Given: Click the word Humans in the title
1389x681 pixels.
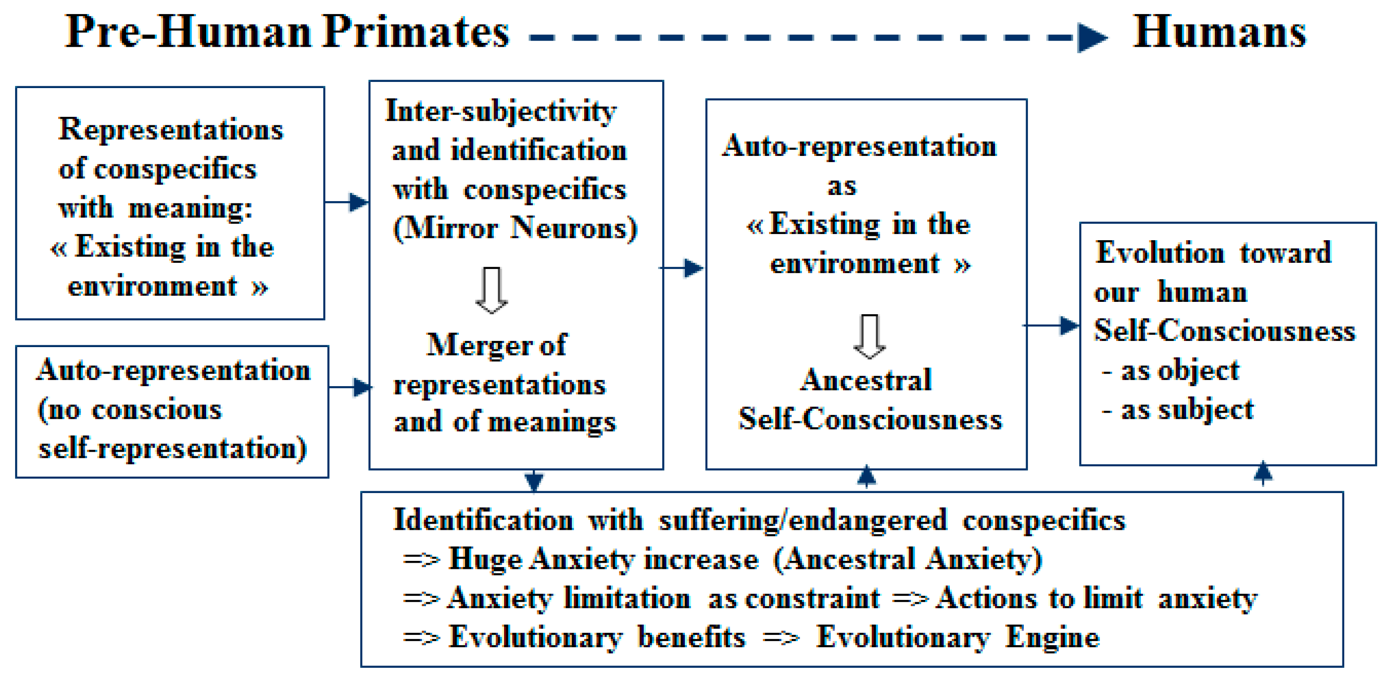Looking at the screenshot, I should point(1219,32).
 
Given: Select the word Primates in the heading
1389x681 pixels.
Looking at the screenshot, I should point(416,32).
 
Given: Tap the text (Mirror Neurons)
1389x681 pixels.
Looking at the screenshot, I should point(515,228).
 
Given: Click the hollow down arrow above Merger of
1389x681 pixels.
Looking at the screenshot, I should point(491,290).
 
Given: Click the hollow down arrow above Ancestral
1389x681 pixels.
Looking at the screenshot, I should point(869,336).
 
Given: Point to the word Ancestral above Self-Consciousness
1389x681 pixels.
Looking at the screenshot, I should point(866,380).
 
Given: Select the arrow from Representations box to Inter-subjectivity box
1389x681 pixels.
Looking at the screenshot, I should point(348,203).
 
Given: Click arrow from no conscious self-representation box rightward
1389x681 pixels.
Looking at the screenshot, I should point(351,387).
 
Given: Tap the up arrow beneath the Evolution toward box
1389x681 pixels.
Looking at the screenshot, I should point(1263,473).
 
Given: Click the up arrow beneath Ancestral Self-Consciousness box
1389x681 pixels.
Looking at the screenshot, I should point(866,476).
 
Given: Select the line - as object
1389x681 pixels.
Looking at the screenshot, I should point(1170,371).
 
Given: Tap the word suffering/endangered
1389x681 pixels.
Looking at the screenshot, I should point(803,520).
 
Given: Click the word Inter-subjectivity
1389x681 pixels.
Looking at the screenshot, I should point(501,112).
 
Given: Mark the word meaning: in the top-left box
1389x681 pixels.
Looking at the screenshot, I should point(190,208).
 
